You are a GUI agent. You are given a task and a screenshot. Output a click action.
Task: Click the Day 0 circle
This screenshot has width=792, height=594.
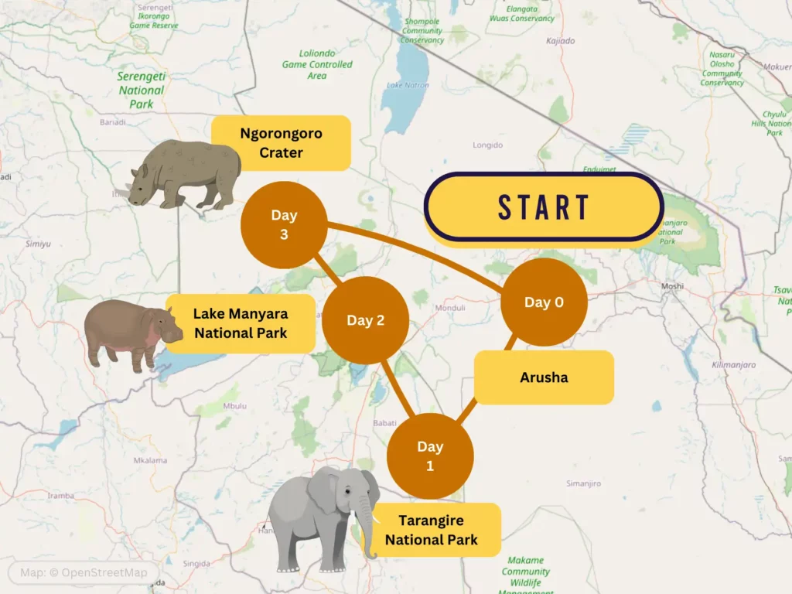(x=544, y=302)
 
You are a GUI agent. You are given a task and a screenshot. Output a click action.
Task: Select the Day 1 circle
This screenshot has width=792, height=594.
(x=430, y=456)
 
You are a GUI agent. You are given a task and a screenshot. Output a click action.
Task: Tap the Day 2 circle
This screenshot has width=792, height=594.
(x=365, y=320)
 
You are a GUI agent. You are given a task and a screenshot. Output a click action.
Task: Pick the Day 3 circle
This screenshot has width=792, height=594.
(x=284, y=224)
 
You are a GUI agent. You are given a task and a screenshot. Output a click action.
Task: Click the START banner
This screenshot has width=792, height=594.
(x=544, y=207)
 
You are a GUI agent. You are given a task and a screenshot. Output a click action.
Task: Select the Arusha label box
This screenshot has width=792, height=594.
(x=544, y=377)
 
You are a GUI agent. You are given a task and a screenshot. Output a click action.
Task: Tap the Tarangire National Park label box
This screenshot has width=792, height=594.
(x=431, y=530)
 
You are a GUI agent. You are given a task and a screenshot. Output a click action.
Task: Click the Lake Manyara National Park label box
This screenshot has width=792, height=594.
(x=241, y=323)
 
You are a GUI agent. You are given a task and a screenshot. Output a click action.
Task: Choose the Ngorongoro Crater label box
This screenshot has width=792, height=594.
(x=281, y=143)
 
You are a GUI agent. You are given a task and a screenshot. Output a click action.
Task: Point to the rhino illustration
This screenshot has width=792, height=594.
(x=186, y=175)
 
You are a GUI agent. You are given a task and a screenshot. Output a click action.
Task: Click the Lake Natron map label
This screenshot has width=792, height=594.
(x=406, y=84)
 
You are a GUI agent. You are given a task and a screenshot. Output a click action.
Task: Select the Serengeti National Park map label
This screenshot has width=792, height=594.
(x=141, y=90)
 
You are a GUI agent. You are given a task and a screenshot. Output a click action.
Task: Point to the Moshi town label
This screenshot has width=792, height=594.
(x=672, y=286)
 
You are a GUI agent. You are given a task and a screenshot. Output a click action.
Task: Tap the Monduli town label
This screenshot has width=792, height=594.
(x=450, y=307)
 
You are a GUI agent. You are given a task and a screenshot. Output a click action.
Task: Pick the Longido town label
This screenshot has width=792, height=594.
(x=488, y=145)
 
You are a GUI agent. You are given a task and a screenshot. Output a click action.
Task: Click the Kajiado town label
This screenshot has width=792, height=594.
(x=560, y=40)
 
